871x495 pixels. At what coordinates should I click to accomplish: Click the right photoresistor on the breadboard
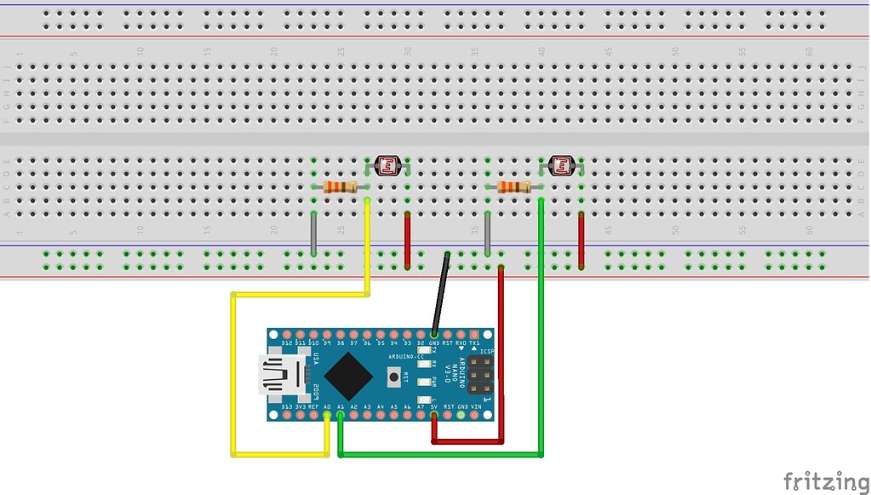pos(561,165)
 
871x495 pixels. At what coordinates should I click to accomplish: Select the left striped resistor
pos(341,187)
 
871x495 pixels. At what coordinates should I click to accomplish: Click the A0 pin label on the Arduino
pos(327,407)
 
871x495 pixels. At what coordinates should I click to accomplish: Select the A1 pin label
pos(341,407)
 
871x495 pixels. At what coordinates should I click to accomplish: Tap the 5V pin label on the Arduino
pos(434,407)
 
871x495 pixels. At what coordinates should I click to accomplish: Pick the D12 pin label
pos(287,342)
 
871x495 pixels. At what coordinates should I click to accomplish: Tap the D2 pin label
pos(421,342)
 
